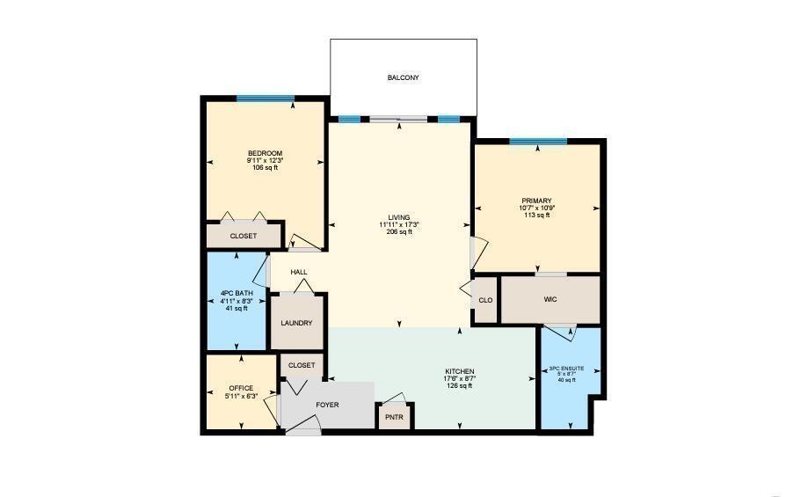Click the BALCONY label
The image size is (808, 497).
pyautogui.click(x=404, y=78)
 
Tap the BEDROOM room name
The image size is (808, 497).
pyautogui.click(x=265, y=153)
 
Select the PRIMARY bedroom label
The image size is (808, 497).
pyautogui.click(x=536, y=201)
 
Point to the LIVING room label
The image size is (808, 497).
pyautogui.click(x=399, y=217)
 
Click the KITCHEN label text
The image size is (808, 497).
pyautogui.click(x=460, y=372)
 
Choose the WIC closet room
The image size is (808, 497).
pyautogui.click(x=550, y=300)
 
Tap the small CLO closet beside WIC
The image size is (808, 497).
pyautogui.click(x=485, y=300)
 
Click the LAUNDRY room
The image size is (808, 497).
pyautogui.click(x=297, y=323)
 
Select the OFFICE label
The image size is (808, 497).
pyautogui.click(x=241, y=388)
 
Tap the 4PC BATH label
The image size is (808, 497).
pyautogui.click(x=235, y=292)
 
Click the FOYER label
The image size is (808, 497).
pyautogui.click(x=327, y=406)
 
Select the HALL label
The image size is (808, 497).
pyautogui.click(x=299, y=272)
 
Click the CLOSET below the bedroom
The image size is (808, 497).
pyautogui.click(x=244, y=237)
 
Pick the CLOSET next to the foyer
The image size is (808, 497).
pyautogui.click(x=302, y=365)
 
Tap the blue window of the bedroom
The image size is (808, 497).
pyautogui.click(x=265, y=99)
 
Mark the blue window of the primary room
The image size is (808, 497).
pyautogui.click(x=538, y=141)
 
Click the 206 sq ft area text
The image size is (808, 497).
pyautogui.click(x=399, y=232)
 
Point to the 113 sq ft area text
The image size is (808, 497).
pyautogui.click(x=536, y=216)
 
